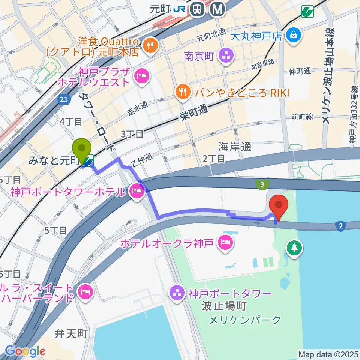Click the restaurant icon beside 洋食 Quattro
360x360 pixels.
[151, 46]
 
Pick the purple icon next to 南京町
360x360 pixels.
[226, 57]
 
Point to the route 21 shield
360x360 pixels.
[64, 99]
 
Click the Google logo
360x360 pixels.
[25, 351]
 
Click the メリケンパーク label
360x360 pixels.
[244, 319]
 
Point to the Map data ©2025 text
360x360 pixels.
[328, 354]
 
